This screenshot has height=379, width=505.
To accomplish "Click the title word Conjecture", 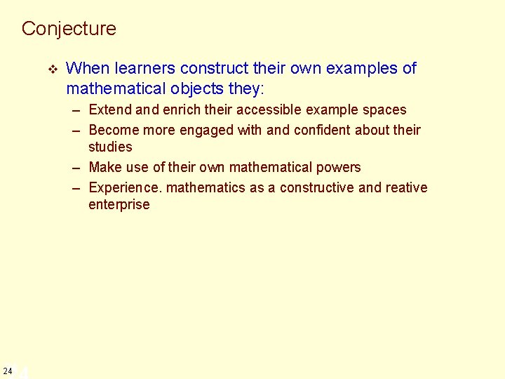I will [x=69, y=29].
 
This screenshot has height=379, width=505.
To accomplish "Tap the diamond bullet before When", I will [x=50, y=69].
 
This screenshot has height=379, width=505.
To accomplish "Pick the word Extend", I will [x=110, y=109].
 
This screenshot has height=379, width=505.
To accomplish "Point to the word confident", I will [x=318, y=130].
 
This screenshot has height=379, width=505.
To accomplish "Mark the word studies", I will [x=110, y=147].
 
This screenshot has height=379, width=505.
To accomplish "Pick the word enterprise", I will [x=119, y=204].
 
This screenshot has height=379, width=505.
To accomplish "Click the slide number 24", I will [x=7, y=371].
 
